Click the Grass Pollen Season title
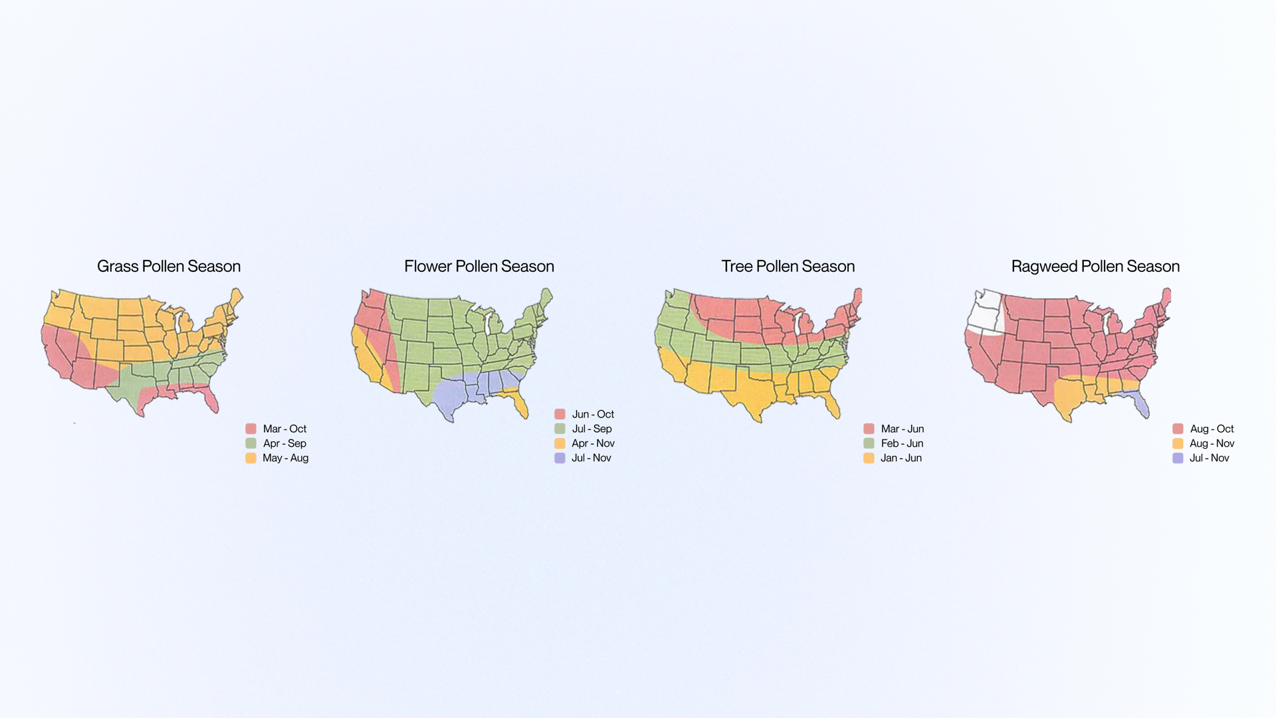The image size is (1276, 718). coord(169,267)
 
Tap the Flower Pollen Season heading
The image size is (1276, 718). coord(478,267)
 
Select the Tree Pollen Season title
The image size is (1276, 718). coord(788,267)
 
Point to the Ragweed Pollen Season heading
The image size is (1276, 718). coord(1095,267)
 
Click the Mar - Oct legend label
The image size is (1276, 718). coord(284,429)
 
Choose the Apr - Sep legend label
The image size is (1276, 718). coord(284,443)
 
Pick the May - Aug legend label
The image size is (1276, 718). coord(285,458)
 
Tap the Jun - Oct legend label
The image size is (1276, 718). coord(593,414)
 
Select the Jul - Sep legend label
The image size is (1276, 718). coord(591,429)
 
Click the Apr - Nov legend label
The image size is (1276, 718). coord(593,443)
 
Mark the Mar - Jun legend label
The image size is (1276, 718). coord(902,429)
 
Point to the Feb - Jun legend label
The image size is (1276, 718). coord(902,443)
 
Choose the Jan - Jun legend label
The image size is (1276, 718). coord(901,458)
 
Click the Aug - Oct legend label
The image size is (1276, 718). coord(1212,429)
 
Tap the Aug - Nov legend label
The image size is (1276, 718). coord(1212,443)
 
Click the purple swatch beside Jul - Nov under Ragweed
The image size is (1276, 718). coord(1178,458)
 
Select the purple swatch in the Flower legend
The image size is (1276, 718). coord(560,458)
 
